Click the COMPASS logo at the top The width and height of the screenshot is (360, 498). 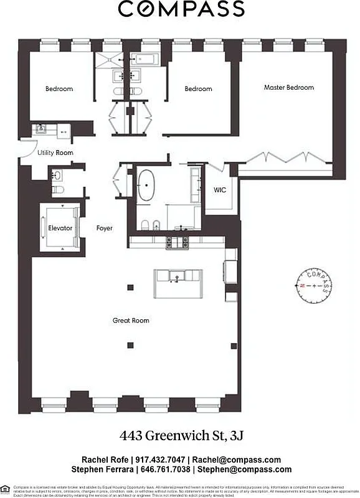[181, 9]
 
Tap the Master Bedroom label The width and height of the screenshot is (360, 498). [288, 88]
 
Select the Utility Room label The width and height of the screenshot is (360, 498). [55, 153]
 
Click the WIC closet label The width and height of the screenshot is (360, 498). [220, 190]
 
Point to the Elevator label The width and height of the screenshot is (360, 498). [60, 228]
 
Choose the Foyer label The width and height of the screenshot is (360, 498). [105, 228]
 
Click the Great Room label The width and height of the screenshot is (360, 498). [131, 321]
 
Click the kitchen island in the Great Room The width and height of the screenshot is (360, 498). [179, 276]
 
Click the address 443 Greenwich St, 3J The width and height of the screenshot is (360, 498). [181, 434]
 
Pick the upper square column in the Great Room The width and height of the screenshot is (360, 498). [130, 286]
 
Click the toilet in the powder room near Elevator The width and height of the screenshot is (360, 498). [55, 189]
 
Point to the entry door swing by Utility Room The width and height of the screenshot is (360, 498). [26, 153]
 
